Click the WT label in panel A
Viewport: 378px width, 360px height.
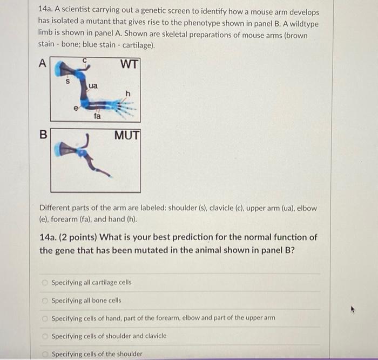130,64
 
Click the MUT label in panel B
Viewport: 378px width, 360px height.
127,135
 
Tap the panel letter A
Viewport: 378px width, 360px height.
43,63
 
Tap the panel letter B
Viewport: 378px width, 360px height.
43,134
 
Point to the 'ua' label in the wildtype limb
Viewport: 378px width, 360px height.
93,86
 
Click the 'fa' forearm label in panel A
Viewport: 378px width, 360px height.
97,116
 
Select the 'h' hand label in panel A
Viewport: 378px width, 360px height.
128,94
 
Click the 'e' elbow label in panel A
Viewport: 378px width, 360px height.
76,108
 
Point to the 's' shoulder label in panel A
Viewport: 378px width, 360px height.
67,81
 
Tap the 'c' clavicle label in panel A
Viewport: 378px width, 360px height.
84,60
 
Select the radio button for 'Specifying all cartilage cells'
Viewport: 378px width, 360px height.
45,283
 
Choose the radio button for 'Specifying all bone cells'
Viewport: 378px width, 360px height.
45,301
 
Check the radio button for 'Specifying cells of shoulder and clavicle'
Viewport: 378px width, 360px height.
45,336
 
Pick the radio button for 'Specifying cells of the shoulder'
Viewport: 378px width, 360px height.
45,354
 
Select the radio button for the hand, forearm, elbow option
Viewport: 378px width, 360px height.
45,318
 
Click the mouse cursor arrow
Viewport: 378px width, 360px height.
353,309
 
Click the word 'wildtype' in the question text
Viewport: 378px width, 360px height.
304,24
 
